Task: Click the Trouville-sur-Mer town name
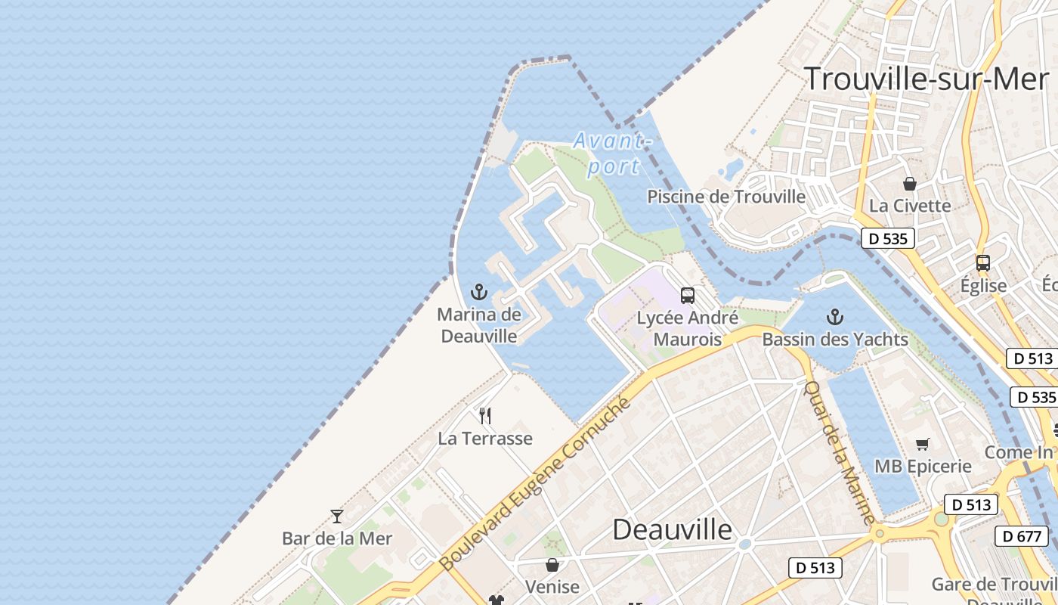[926, 79]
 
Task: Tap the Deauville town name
[672, 529]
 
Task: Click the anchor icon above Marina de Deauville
[479, 292]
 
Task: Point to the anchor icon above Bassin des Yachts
[835, 316]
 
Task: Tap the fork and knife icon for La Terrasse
[485, 415]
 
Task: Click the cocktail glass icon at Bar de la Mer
[337, 517]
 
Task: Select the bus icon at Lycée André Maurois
[688, 296]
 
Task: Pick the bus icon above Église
[982, 263]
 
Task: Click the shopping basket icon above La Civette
[910, 184]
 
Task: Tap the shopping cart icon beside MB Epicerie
[922, 444]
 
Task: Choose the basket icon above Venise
[552, 565]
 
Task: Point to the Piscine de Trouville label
[726, 197]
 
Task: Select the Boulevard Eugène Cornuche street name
[534, 485]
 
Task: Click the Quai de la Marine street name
[839, 452]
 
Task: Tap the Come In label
[1019, 452]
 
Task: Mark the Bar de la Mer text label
[337, 538]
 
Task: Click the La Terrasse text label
[485, 438]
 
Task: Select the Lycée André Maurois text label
[687, 328]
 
